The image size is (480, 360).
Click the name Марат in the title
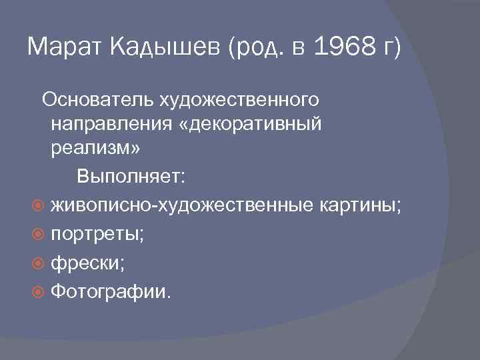coord(61,47)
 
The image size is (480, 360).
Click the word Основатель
coord(98,100)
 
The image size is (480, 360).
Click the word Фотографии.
coord(111,292)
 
